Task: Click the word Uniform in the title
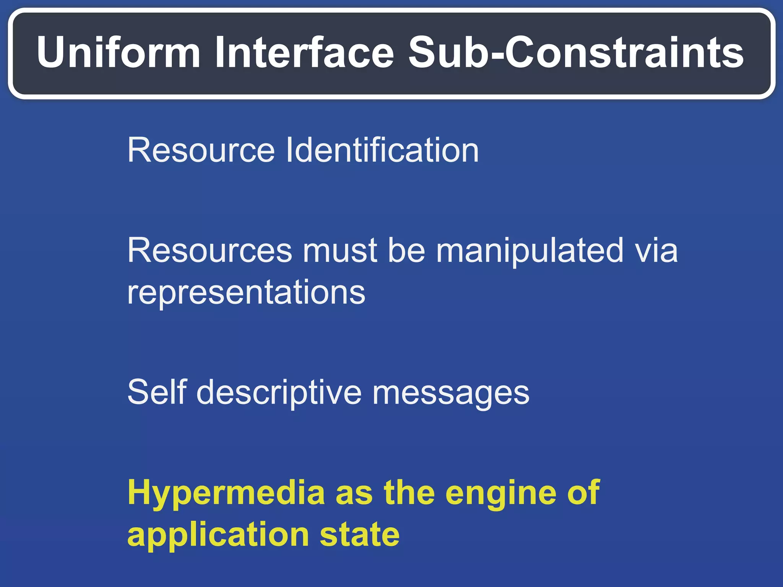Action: (x=119, y=52)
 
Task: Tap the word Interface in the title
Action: (x=304, y=52)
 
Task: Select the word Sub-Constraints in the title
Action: (x=576, y=52)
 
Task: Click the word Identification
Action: (x=382, y=150)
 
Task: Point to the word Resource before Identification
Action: (x=201, y=150)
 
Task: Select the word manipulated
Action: (x=530, y=251)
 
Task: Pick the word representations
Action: (x=246, y=293)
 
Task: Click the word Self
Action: (x=157, y=392)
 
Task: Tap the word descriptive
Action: (x=279, y=392)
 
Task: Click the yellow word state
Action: (x=359, y=534)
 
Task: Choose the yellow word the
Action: (x=409, y=493)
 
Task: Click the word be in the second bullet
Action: (x=406, y=251)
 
